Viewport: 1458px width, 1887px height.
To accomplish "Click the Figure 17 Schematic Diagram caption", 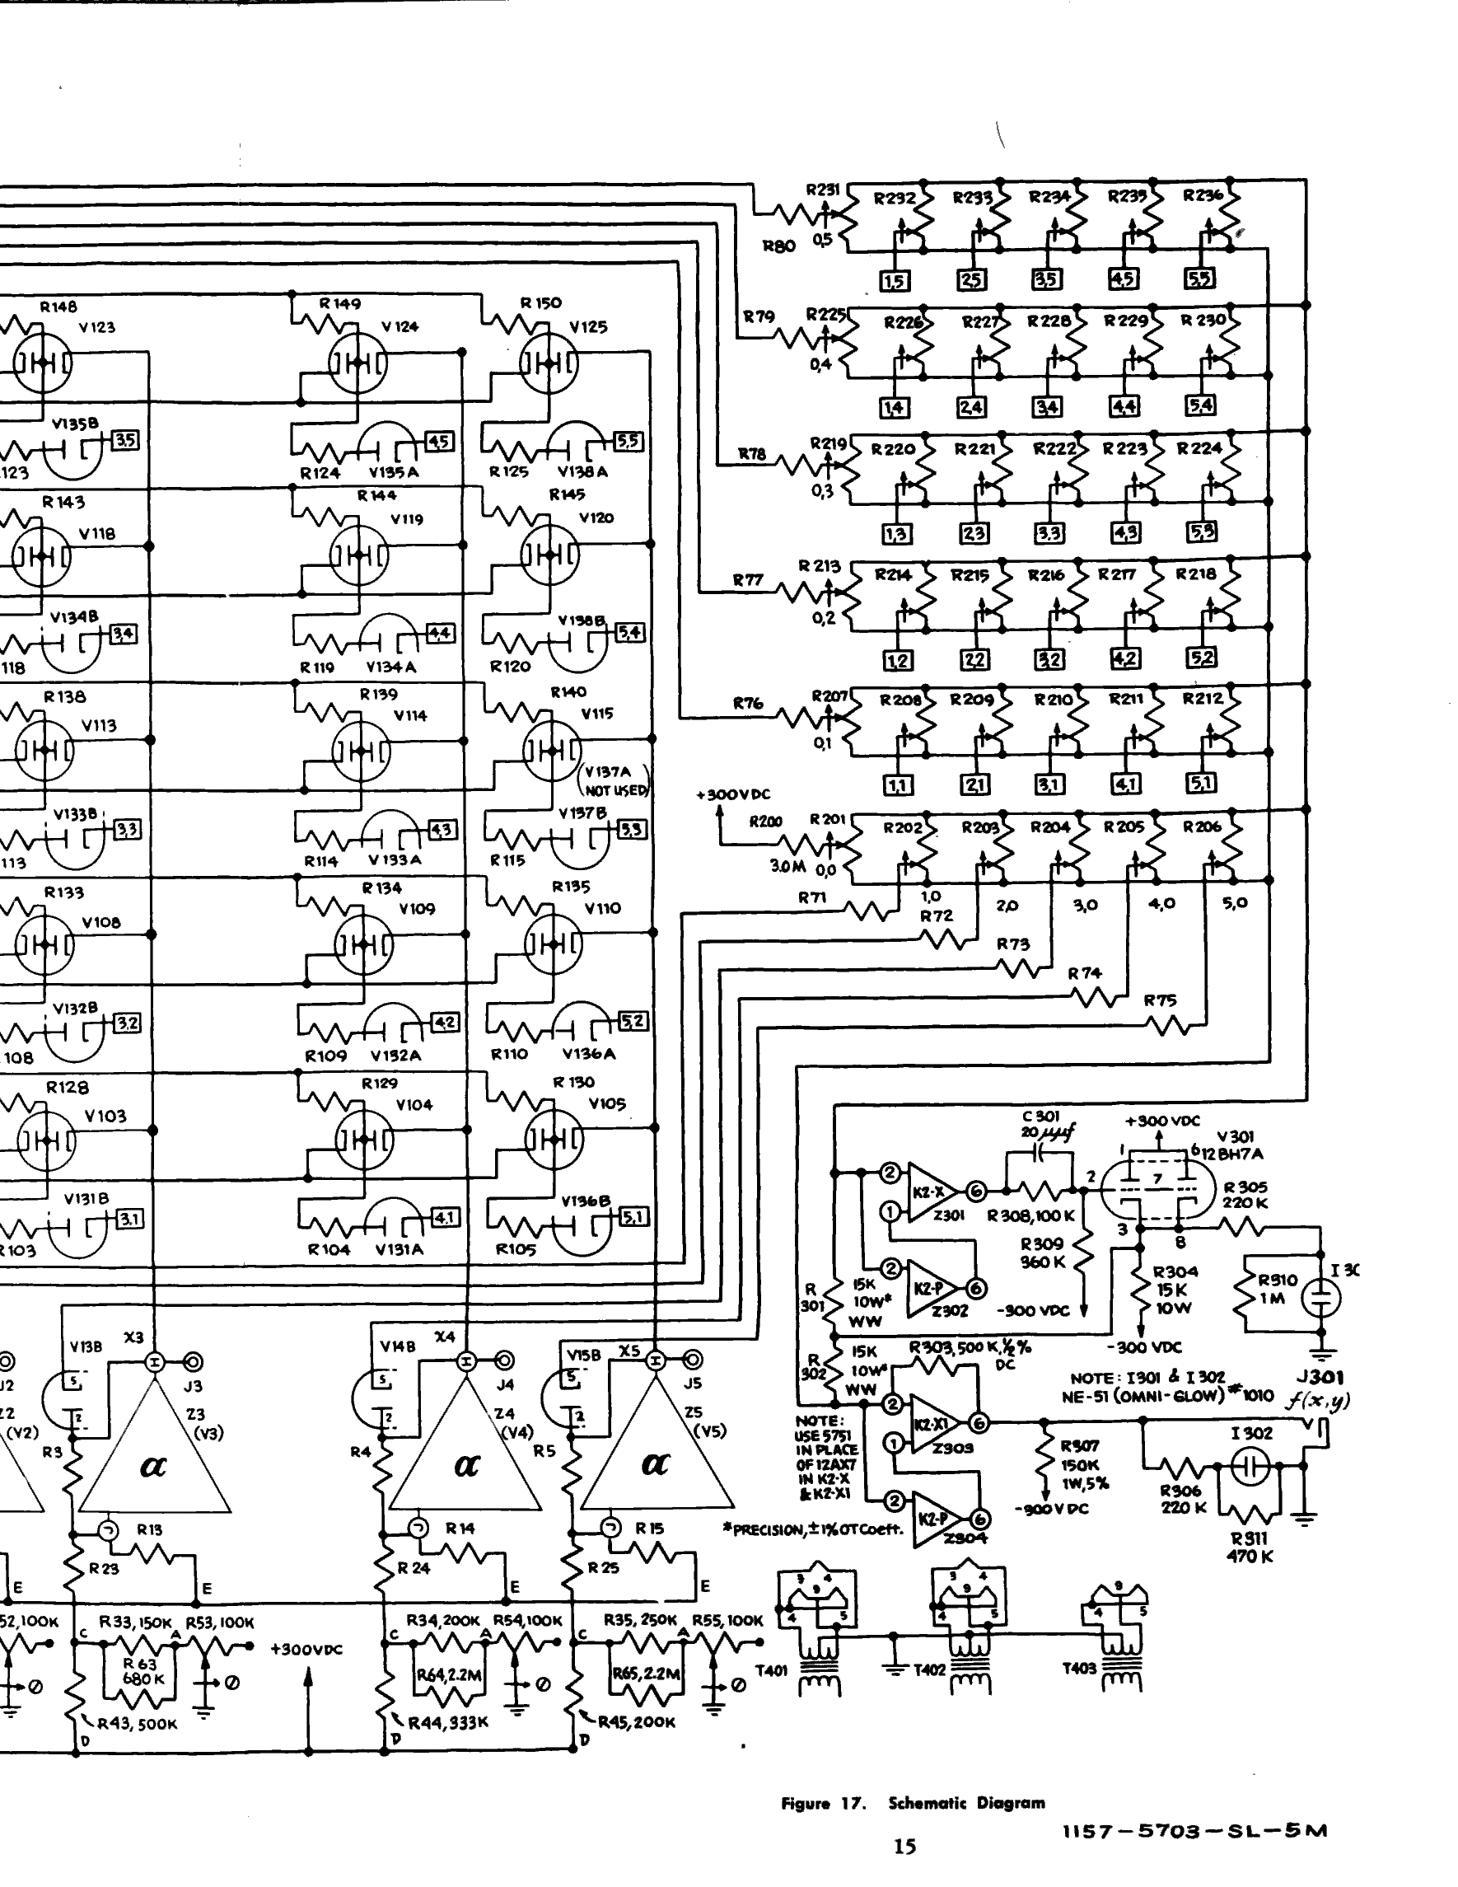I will click(912, 1803).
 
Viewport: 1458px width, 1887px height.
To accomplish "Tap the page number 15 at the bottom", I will click(904, 1847).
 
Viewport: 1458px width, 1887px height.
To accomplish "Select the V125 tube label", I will click(587, 326).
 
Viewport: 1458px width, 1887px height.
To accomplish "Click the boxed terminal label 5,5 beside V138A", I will click(628, 441).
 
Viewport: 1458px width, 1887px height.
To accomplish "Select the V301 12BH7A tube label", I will click(1239, 1145).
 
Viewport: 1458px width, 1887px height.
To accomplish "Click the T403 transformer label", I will click(1079, 1669).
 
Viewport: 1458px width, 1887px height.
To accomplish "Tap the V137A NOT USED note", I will click(616, 781).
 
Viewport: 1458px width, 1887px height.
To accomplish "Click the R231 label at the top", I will click(822, 190).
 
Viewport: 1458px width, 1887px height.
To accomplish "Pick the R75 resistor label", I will click(1160, 1000).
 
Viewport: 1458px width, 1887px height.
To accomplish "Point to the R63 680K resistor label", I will click(140, 1671).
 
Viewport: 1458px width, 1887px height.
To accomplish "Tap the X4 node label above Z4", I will click(444, 1337).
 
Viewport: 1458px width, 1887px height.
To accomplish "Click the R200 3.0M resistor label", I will click(766, 822).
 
